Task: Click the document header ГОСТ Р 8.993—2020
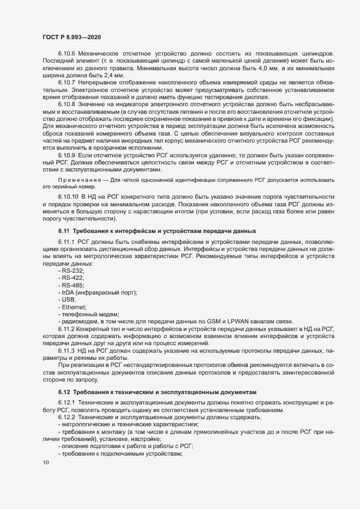point(71,36)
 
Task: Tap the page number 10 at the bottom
point(45,463)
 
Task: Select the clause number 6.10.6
point(67,55)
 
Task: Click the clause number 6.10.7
point(67,82)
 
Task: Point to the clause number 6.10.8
point(67,103)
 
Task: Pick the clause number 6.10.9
point(67,155)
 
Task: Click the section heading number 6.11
point(65,231)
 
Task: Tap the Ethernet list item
point(73,307)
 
